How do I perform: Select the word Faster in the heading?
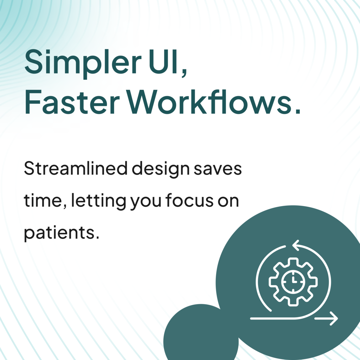pyautogui.click(x=72, y=102)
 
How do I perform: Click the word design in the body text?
pyautogui.click(x=161, y=169)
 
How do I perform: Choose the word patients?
pyautogui.click(x=59, y=233)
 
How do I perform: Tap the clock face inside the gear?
pyautogui.click(x=293, y=282)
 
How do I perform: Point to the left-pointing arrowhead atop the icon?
pyautogui.click(x=296, y=245)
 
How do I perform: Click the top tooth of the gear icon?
pyautogui.click(x=293, y=261)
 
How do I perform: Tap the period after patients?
pyautogui.click(x=97, y=237)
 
